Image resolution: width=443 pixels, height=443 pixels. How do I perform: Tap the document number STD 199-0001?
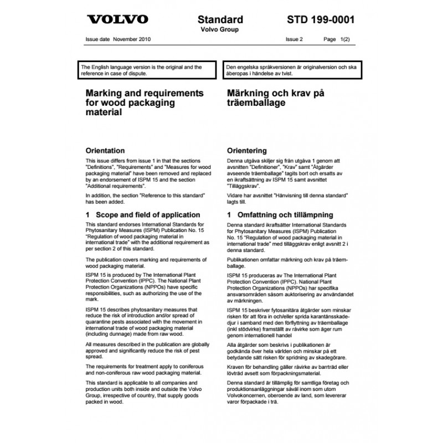pos(321,19)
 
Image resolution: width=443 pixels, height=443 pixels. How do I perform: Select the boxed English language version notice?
pos(148,70)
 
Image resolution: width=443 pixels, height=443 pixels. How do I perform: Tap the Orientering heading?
pos(247,151)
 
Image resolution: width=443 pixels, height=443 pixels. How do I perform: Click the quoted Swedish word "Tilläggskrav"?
pos(243,188)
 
